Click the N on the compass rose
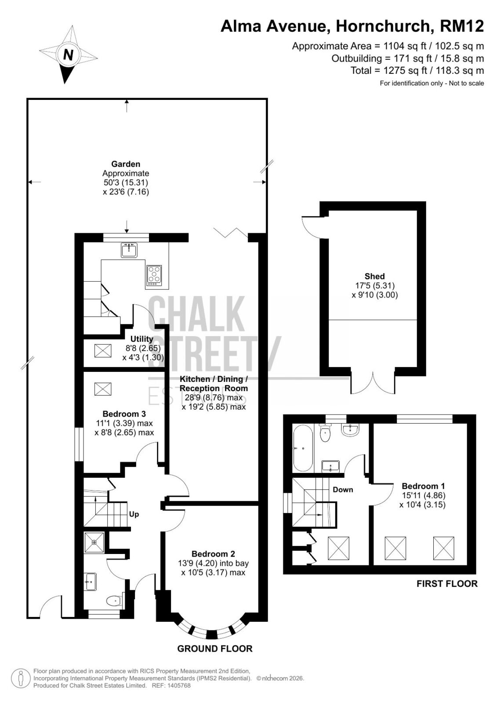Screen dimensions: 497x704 pyautogui.click(x=68, y=55)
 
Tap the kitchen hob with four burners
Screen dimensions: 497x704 pyautogui.click(x=154, y=275)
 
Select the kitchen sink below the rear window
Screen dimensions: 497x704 pyautogui.click(x=129, y=250)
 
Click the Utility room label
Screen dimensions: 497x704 pyautogui.click(x=141, y=339)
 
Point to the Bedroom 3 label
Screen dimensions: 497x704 pyautogui.click(x=124, y=414)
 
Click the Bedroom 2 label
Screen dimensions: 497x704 pyautogui.click(x=214, y=554)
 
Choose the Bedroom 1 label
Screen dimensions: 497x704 pyautogui.click(x=423, y=486)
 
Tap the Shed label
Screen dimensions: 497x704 pyautogui.click(x=374, y=276)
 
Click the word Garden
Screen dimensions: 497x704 pyautogui.click(x=126, y=164)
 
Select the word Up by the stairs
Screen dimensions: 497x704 pyautogui.click(x=134, y=514)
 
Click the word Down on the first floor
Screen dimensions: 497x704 pyautogui.click(x=343, y=490)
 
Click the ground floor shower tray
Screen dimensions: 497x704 pyautogui.click(x=94, y=542)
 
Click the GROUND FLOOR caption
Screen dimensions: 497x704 pyautogui.click(x=215, y=649)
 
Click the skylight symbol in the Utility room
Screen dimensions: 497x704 pyautogui.click(x=103, y=350)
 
